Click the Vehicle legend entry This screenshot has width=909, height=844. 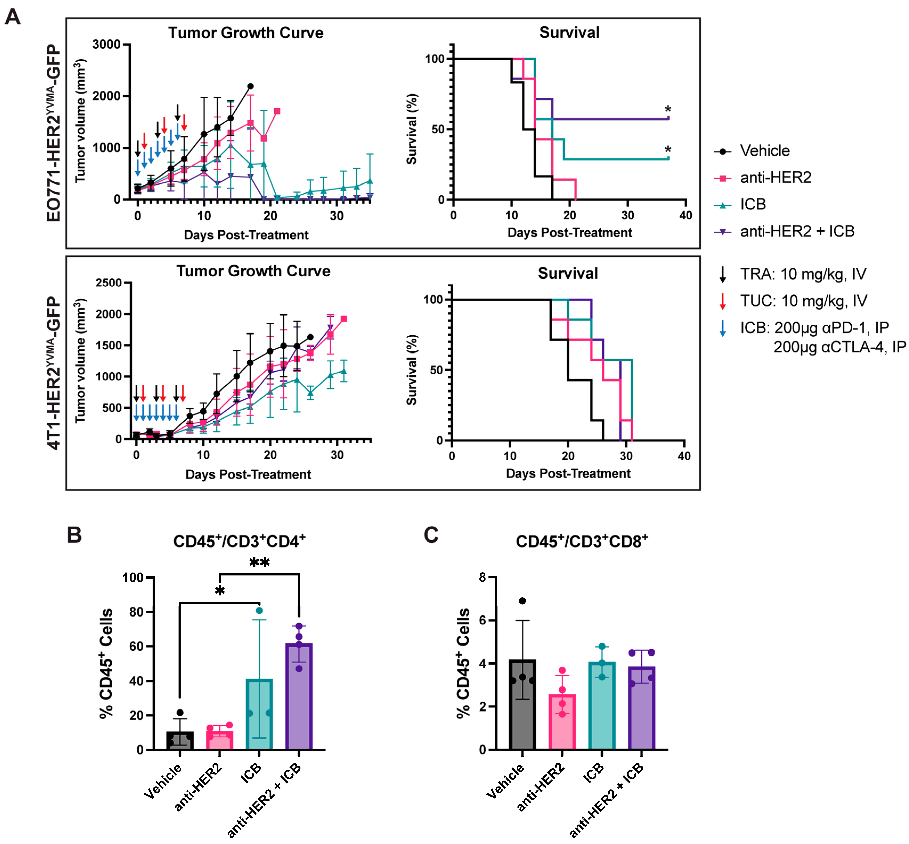point(764,151)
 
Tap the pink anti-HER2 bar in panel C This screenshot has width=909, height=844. point(562,722)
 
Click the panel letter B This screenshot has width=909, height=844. point(74,535)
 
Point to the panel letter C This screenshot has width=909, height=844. point(431,535)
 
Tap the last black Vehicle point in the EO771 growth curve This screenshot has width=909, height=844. point(250,86)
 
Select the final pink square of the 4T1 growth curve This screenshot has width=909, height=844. point(344,319)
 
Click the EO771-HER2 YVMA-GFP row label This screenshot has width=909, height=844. point(54,132)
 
